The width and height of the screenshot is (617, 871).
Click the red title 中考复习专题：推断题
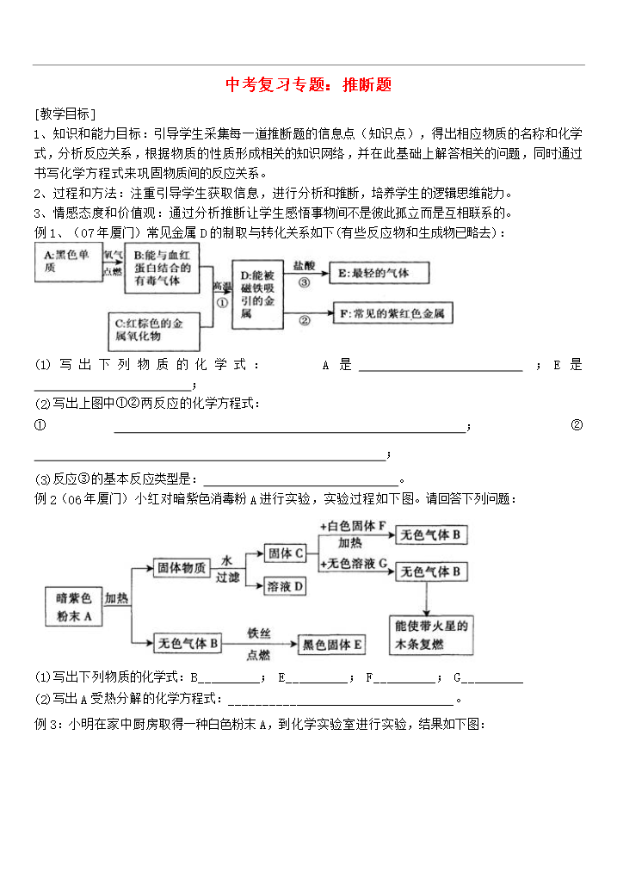(308, 84)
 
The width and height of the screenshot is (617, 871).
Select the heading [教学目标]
(65, 114)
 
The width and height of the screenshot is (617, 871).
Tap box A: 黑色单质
(68, 263)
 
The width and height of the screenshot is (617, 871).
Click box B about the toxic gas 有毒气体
(162, 268)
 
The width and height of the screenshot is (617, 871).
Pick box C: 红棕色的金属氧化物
(153, 331)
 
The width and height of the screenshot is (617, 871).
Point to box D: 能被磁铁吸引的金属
(257, 294)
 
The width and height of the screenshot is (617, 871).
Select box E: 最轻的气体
(379, 273)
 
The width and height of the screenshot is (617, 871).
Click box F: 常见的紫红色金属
(392, 313)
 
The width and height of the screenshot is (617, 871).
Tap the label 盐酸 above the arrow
(304, 266)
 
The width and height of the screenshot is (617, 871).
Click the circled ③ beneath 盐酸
(305, 282)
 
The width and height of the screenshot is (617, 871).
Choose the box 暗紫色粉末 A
(74, 607)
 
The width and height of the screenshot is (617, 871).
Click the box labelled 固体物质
(181, 568)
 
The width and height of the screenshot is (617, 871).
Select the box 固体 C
(286, 553)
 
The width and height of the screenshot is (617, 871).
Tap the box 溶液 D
(285, 586)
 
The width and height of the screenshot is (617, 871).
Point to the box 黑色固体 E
(332, 645)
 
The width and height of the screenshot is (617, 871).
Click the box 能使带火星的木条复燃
(431, 635)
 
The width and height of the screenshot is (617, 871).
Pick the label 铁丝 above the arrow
(259, 633)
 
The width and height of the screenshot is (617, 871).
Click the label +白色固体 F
(353, 526)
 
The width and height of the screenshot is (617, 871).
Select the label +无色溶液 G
(353, 563)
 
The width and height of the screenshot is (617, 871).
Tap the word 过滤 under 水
(228, 578)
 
